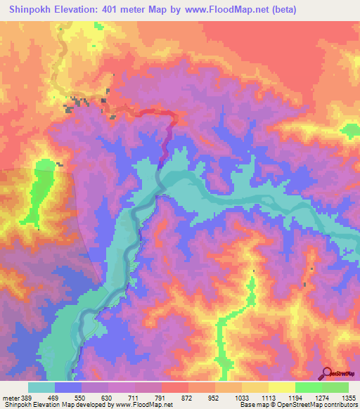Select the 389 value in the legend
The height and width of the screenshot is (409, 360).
(x=27, y=397)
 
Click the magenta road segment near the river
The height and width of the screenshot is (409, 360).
(x=168, y=141)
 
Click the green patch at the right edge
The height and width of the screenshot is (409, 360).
(x=350, y=131)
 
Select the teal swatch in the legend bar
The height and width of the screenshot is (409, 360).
(x=41, y=387)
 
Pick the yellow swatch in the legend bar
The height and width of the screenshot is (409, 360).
(x=281, y=387)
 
